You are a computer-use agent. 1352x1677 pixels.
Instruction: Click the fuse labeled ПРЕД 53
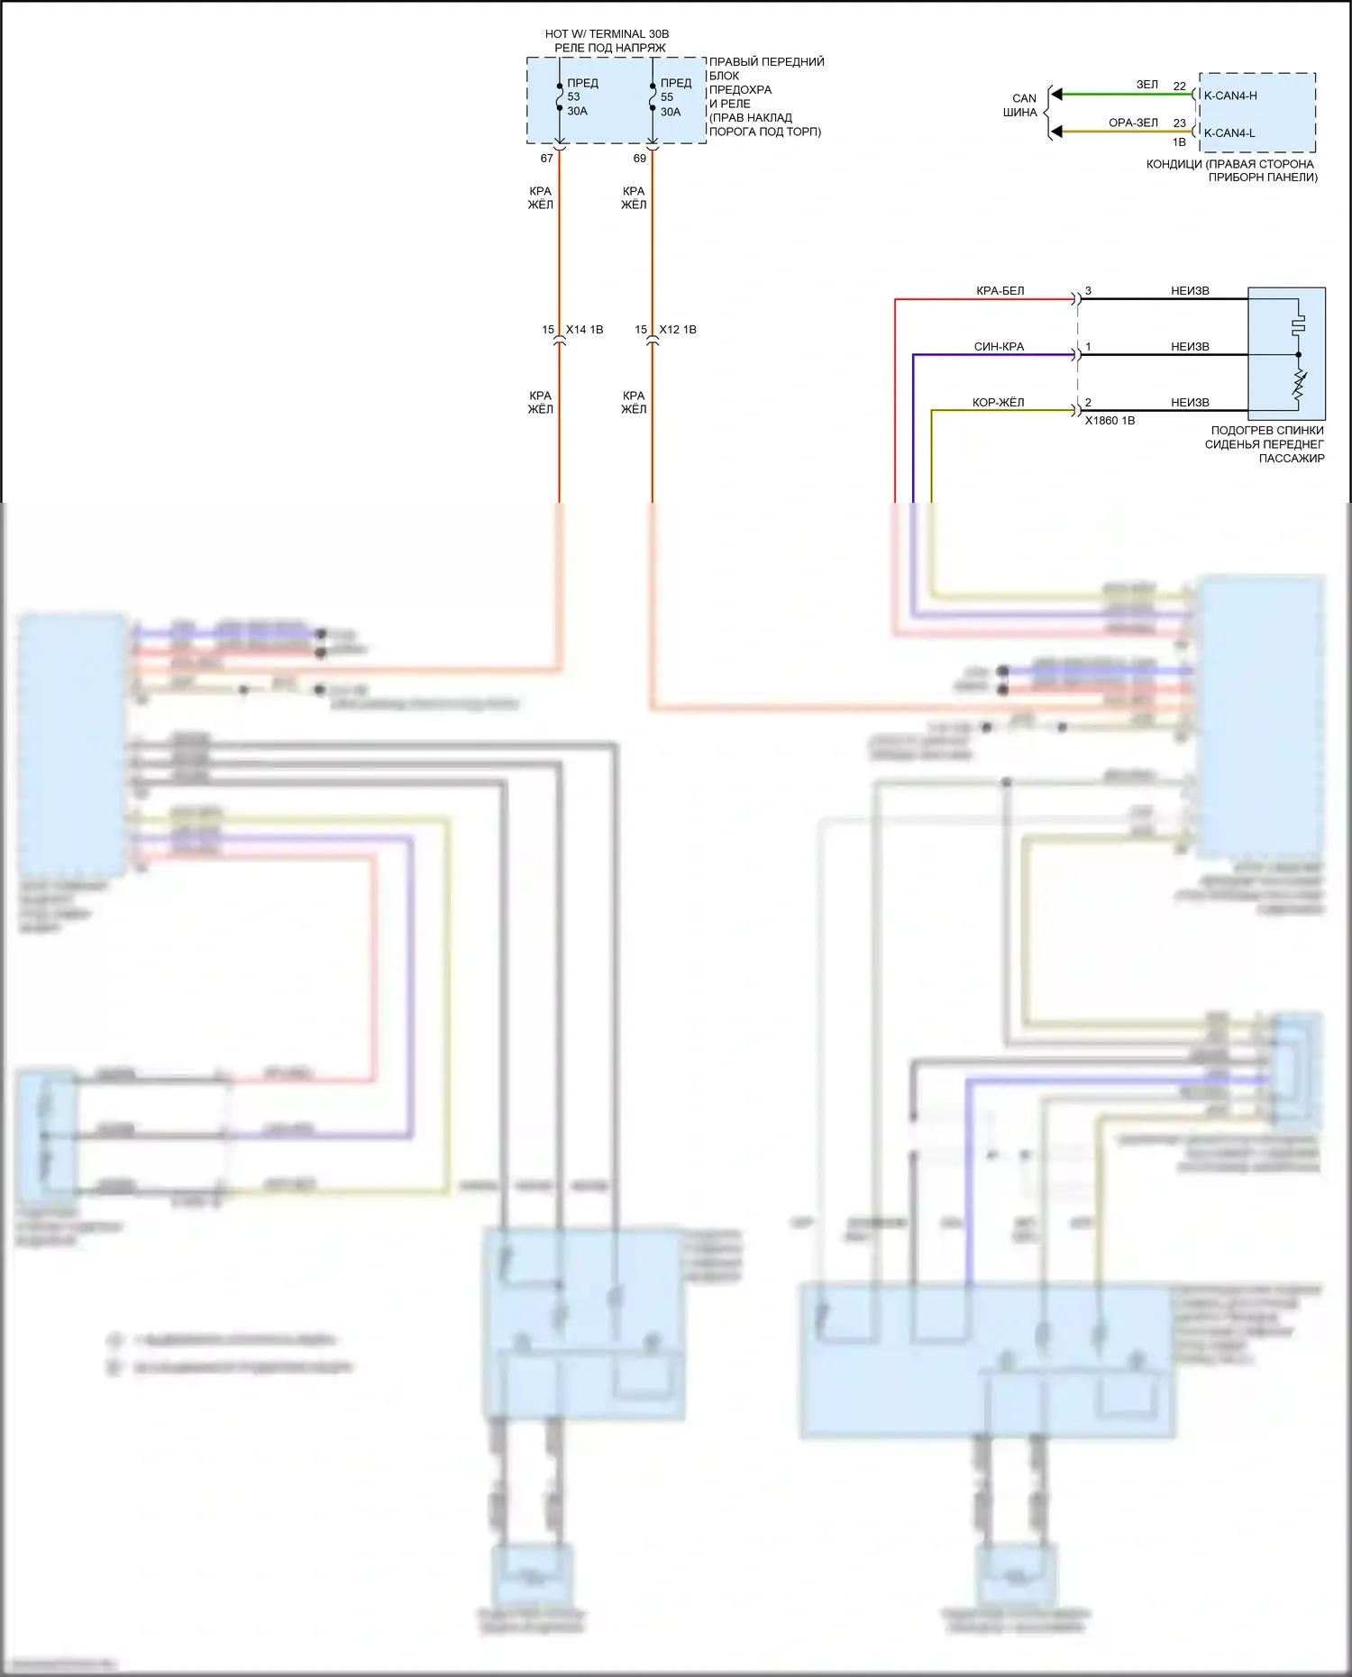pos(560,97)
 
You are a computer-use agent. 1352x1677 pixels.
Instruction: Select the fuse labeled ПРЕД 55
pos(653,97)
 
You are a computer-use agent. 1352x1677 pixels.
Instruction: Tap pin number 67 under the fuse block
pos(546,159)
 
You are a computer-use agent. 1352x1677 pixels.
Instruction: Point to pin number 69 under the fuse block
pos(640,159)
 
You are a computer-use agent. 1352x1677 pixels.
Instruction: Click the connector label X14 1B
pos(584,330)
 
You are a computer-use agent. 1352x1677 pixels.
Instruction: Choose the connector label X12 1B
pos(678,330)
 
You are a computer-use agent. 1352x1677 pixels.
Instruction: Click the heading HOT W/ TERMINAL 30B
pos(607,34)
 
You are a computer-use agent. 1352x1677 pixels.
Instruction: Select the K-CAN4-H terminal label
pos(1230,96)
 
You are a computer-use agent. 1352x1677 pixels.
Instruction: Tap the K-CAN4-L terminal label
pos(1229,133)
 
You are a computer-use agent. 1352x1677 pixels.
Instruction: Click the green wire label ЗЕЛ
pos(1146,85)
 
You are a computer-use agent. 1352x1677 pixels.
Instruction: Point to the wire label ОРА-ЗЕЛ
pos(1133,123)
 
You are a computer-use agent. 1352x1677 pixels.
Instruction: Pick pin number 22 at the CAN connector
pos(1180,87)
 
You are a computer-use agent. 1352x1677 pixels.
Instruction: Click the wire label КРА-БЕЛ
pos(1000,291)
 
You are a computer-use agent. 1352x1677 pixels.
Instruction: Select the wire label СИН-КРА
pos(999,347)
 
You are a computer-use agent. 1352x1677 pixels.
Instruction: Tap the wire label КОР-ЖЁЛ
pos(998,403)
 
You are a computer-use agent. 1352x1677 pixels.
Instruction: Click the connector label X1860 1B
pos(1110,421)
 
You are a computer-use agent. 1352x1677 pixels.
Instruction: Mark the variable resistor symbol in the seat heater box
pos(1299,386)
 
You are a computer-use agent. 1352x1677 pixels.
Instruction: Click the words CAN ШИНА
pos(1022,105)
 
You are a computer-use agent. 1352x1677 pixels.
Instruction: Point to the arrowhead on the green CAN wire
pos(1057,94)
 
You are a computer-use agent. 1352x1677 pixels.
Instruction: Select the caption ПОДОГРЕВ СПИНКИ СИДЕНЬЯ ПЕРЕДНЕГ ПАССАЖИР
pos(1265,444)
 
